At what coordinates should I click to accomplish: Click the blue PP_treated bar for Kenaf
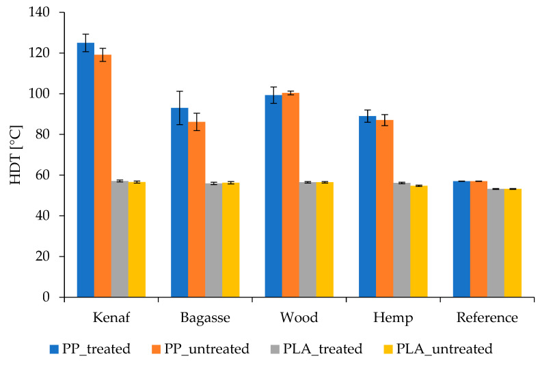tap(85, 171)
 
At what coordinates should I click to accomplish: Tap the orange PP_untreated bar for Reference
tap(478, 239)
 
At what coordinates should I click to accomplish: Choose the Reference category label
tap(487, 318)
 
